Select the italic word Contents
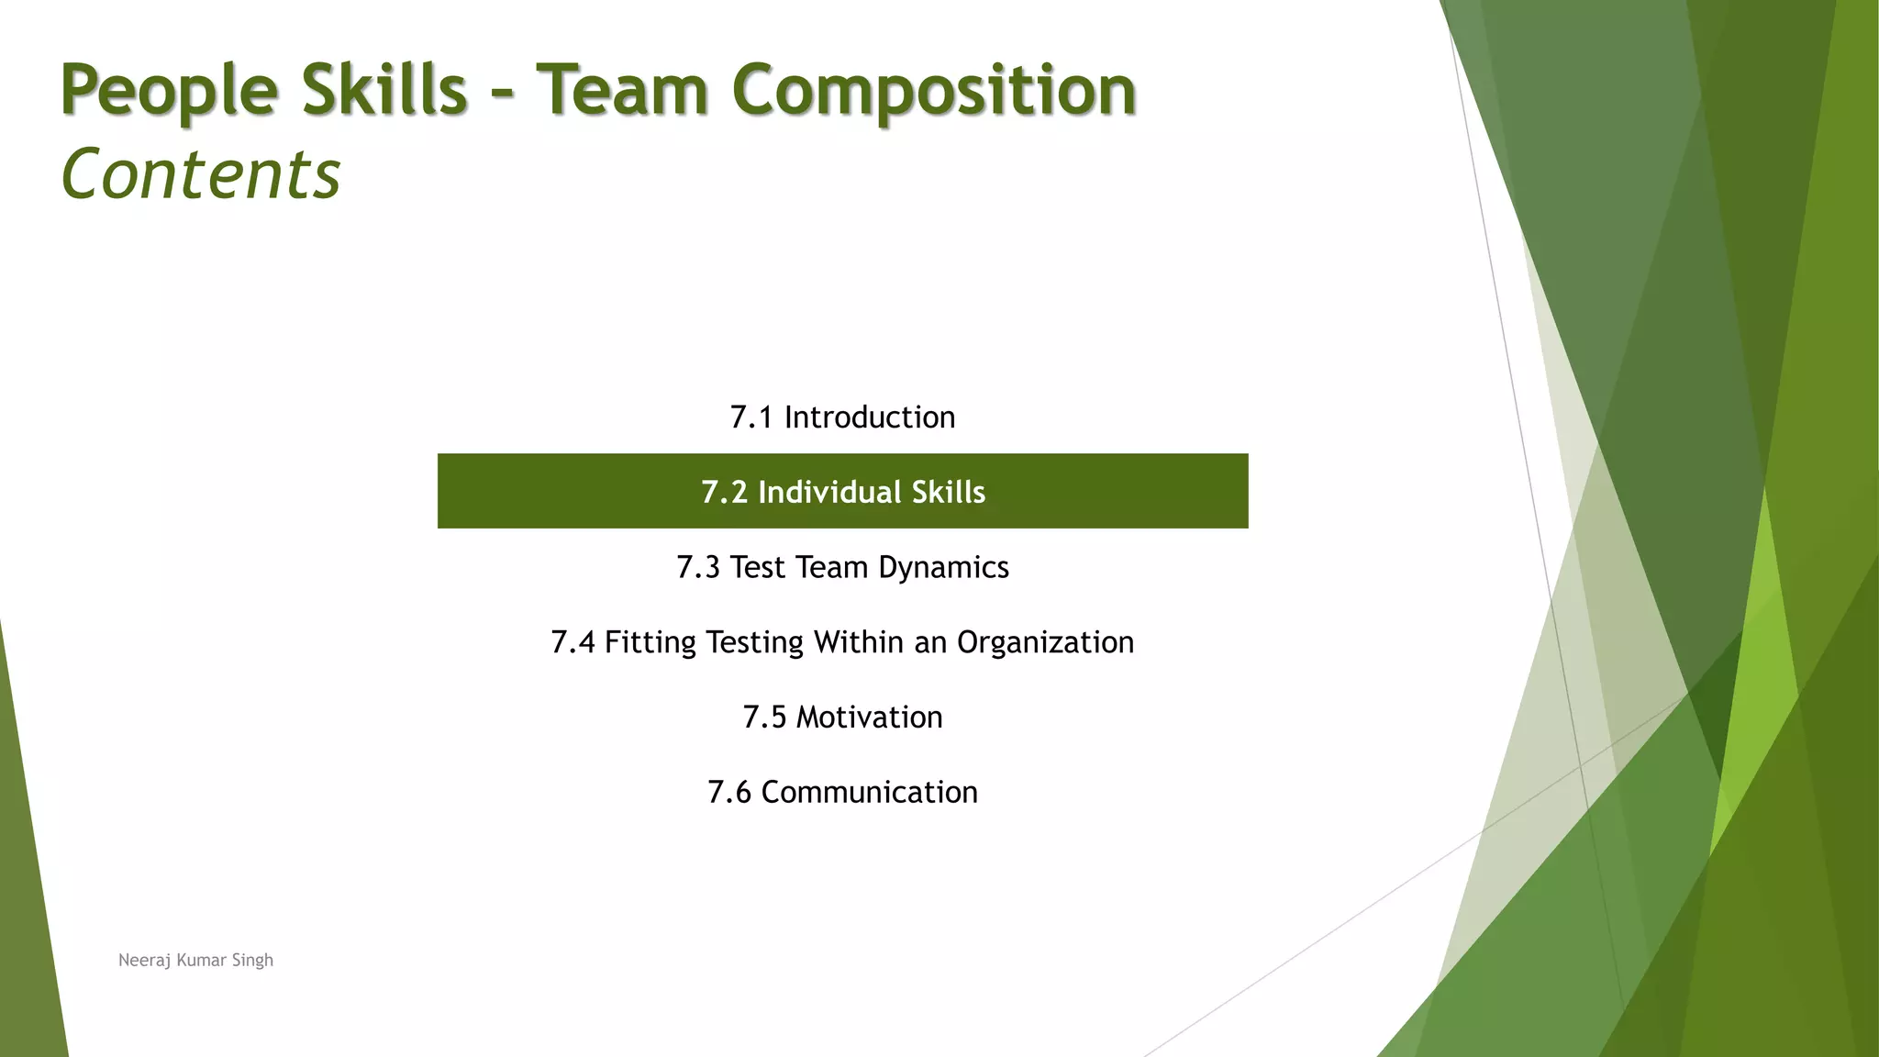[201, 174]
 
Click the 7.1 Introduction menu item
[842, 417]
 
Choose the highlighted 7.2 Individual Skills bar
[842, 492]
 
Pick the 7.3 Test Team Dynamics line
[842, 567]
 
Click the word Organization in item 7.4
[1045, 642]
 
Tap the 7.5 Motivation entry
[842, 718]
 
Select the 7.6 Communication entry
[842, 792]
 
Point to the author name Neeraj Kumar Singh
[195, 960]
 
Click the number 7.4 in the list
[573, 642]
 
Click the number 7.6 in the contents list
[729, 792]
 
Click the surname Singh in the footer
[252, 960]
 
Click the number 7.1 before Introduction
[751, 417]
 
